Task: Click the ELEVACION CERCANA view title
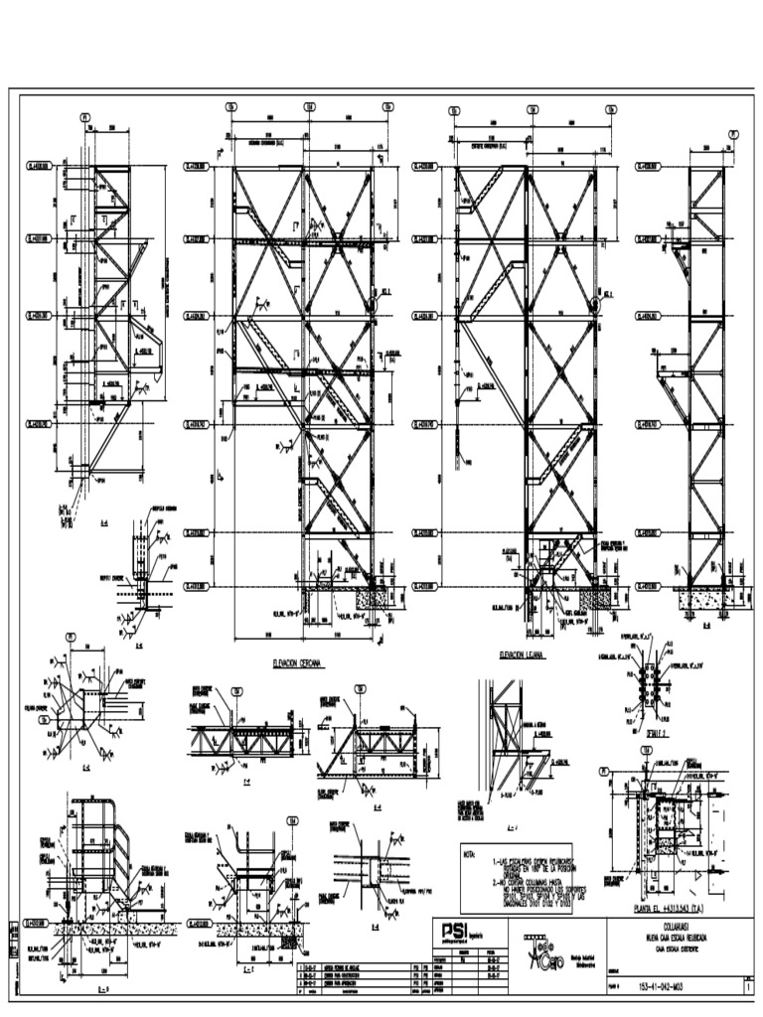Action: tap(299, 662)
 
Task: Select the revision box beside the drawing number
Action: tap(747, 985)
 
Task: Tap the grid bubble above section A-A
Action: tap(85, 116)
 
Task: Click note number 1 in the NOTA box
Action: tap(468, 863)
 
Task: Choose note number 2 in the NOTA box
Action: tap(468, 881)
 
